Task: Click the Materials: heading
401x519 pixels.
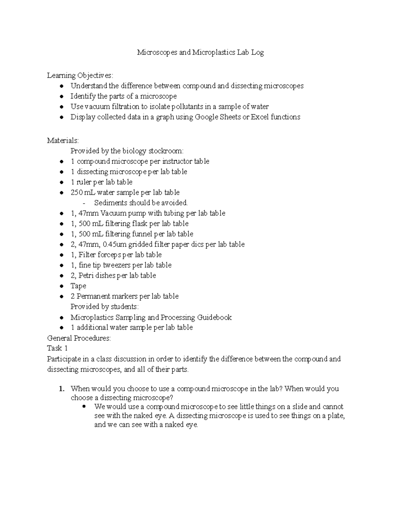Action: (x=63, y=140)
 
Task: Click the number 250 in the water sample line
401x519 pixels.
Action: (x=76, y=192)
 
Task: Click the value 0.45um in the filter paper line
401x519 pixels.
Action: (x=115, y=244)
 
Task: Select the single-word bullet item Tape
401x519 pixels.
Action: (x=78, y=286)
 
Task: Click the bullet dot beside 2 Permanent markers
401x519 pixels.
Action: (x=61, y=296)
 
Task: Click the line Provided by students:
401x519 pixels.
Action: (x=104, y=306)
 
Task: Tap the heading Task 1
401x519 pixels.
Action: (x=57, y=348)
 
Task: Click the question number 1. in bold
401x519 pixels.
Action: (x=61, y=389)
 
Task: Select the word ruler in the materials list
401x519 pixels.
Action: (x=84, y=182)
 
